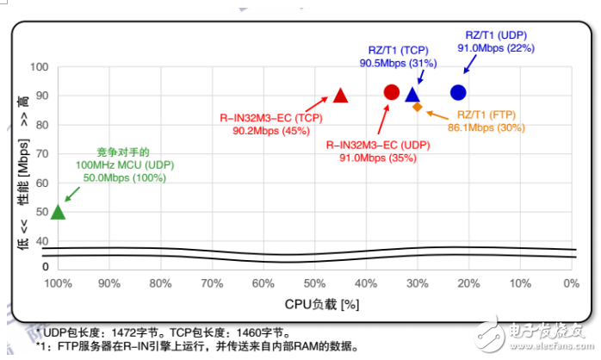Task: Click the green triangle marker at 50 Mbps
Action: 58,212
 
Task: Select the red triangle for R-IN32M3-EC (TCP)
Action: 340,96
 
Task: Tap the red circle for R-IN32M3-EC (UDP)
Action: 391,92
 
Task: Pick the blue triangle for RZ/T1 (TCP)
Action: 412,95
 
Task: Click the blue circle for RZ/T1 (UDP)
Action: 458,92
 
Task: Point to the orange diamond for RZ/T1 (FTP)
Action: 418,108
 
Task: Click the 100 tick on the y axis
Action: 40,67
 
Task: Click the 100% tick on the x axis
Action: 58,282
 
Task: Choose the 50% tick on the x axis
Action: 314,282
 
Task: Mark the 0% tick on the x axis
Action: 570,282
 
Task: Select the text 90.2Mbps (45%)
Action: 271,132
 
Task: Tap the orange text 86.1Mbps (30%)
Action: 486,127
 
